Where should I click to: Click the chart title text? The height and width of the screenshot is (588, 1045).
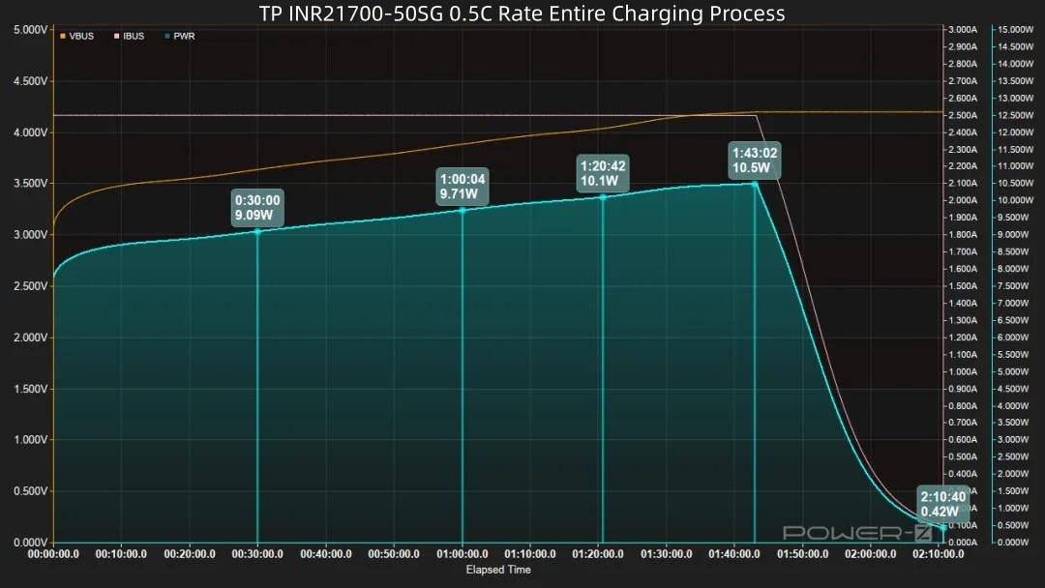click(522, 14)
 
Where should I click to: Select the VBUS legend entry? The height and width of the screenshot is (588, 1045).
click(77, 37)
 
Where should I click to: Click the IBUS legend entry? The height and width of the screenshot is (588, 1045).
click(129, 37)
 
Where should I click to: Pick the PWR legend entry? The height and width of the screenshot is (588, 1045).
click(180, 37)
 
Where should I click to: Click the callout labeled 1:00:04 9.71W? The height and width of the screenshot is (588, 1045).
click(463, 187)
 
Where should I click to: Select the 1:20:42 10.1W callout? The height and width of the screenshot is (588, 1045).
click(603, 173)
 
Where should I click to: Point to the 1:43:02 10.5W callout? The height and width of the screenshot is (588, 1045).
click(755, 161)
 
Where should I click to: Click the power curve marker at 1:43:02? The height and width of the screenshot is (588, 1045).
click(755, 184)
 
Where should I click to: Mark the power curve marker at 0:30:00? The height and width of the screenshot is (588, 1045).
click(257, 231)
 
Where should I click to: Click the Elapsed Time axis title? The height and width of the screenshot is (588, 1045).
click(498, 571)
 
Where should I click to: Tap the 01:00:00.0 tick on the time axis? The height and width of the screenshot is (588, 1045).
click(463, 555)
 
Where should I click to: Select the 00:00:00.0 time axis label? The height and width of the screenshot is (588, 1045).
click(54, 555)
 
